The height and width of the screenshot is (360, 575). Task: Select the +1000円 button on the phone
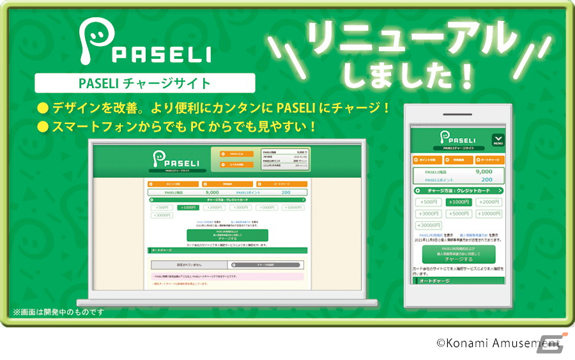tap(457, 201)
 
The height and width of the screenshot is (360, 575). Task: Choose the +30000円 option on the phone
tap(428, 225)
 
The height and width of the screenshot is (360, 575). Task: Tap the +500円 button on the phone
tap(428, 201)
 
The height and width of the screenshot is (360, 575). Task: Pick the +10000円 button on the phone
tap(488, 214)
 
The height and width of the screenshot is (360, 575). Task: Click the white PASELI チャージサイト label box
tap(145, 83)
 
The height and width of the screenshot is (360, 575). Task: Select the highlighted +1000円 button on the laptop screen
tap(188, 207)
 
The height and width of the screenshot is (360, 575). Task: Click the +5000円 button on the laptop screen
tap(266, 207)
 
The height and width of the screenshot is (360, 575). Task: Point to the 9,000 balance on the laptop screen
tap(212, 192)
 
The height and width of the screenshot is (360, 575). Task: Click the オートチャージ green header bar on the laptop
tap(227, 250)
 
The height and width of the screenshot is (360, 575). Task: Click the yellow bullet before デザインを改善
tap(43, 106)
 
